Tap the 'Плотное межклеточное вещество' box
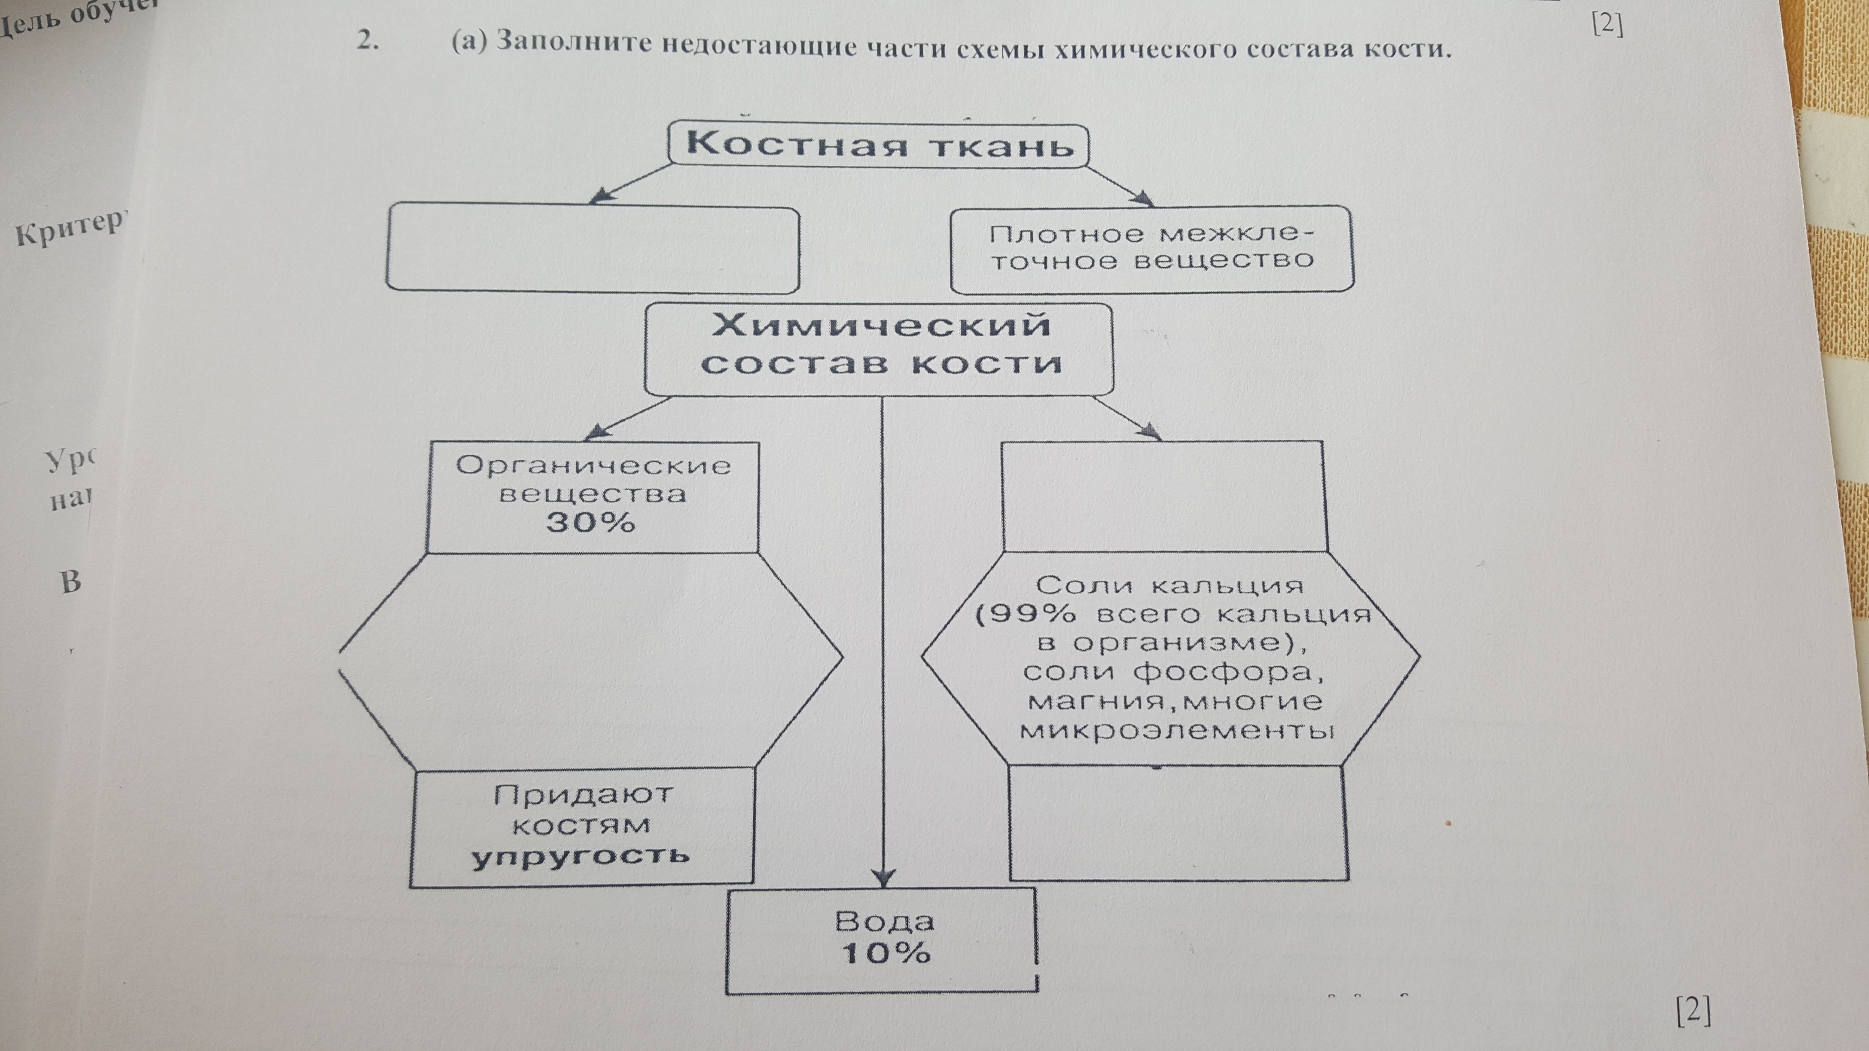tap(1152, 249)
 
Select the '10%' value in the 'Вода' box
tap(885, 953)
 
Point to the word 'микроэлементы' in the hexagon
tap(1177, 730)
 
